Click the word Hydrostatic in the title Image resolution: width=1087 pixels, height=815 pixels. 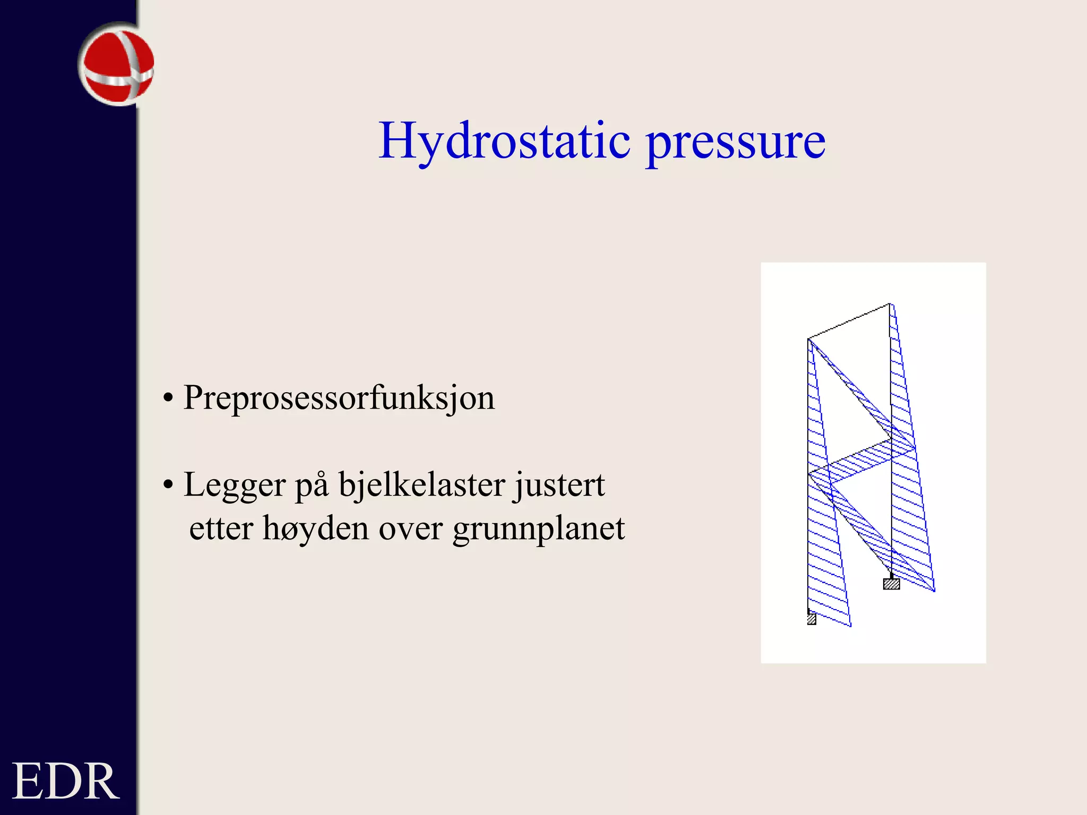tap(504, 141)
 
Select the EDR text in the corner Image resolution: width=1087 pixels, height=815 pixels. tap(65, 781)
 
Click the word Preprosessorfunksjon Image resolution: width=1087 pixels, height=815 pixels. tap(339, 398)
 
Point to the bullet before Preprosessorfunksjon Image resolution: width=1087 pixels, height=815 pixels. tap(168, 398)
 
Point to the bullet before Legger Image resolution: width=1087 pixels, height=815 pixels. tap(168, 485)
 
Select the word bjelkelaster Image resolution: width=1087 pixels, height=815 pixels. tap(422, 484)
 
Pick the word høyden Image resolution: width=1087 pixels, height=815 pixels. tap(316, 530)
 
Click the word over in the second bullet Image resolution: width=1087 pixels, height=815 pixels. tap(410, 528)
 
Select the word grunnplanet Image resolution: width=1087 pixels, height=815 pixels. tap(539, 530)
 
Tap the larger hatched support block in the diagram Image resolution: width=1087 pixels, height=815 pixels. tap(891, 584)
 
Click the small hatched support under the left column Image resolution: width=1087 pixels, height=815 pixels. tap(812, 619)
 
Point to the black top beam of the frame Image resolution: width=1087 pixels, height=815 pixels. tap(849, 321)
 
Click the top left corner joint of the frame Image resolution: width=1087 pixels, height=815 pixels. tap(808, 339)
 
